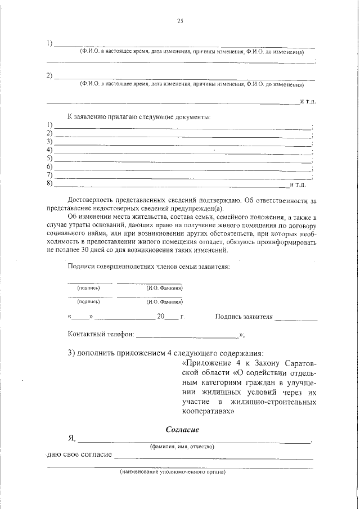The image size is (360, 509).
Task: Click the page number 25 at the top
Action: pyautogui.click(x=180, y=21)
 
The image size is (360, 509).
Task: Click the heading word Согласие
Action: pyautogui.click(x=183, y=430)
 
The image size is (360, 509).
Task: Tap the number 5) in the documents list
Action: pyautogui.click(x=49, y=159)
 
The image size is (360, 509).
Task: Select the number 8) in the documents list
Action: pyautogui.click(x=49, y=184)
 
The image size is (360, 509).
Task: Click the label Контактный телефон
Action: pyautogui.click(x=101, y=335)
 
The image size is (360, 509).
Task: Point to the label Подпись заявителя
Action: pyautogui.click(x=244, y=317)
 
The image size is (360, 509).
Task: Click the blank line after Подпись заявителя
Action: pyautogui.click(x=296, y=318)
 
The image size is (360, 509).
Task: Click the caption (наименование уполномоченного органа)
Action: pyautogui.click(x=172, y=472)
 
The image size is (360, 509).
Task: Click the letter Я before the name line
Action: pyautogui.click(x=71, y=438)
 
